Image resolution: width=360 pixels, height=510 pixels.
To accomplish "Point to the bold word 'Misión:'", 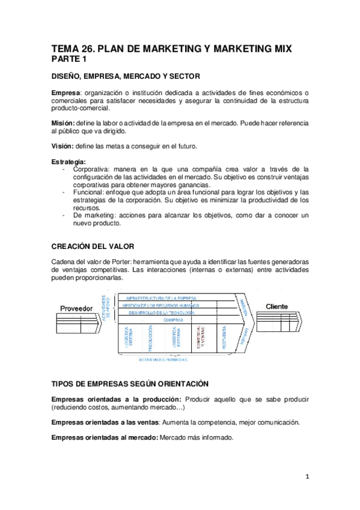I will [x=63, y=123].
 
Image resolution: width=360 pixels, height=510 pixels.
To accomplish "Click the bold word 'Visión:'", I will [x=63, y=146].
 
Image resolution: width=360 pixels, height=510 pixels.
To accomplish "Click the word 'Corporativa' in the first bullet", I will [x=91, y=169].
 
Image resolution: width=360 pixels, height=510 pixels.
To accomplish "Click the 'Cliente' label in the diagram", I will [x=276, y=306].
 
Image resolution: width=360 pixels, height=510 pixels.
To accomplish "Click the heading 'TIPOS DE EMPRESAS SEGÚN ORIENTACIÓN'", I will [x=130, y=383].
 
